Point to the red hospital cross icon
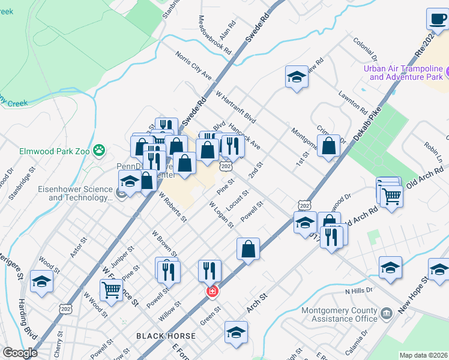click(x=211, y=292)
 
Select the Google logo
click(x=19, y=353)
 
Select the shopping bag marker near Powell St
click(x=248, y=249)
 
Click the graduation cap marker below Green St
click(x=237, y=332)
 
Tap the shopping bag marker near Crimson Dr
click(x=329, y=146)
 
